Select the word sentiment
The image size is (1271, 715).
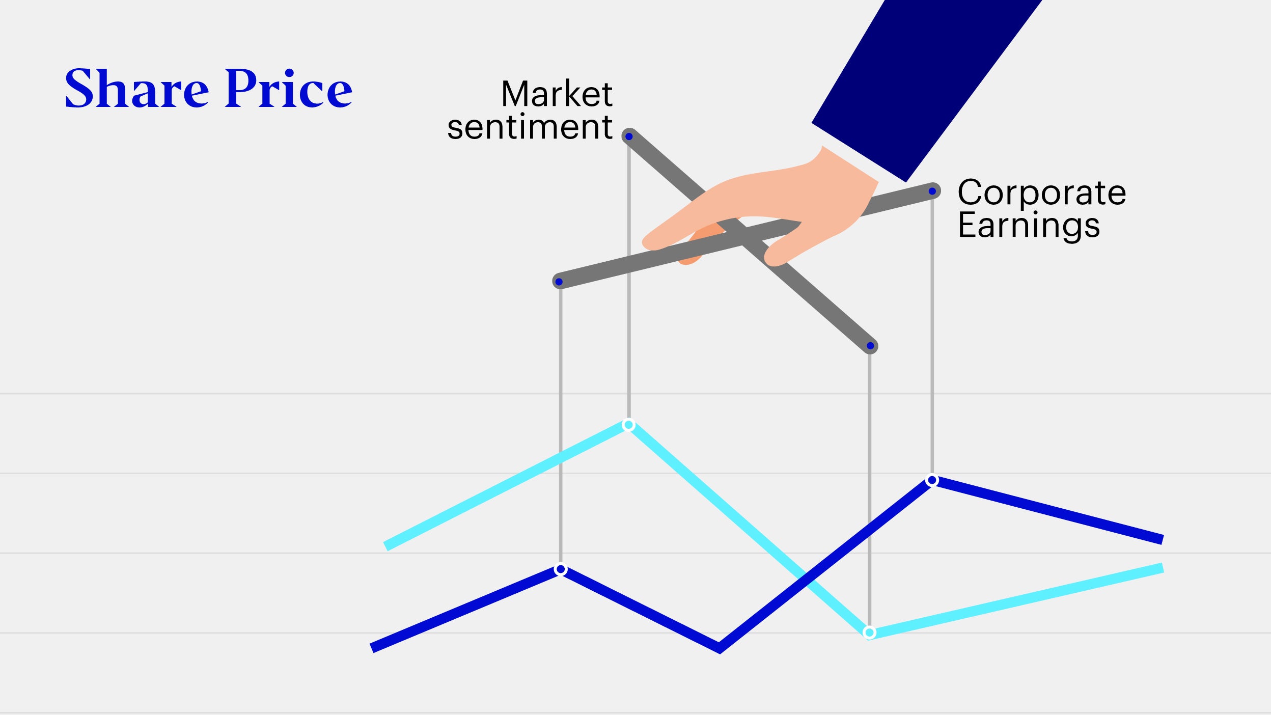[x=530, y=127]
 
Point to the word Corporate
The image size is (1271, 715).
[x=1042, y=193]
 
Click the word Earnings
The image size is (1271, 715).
[x=1029, y=226]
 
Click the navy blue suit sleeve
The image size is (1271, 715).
[x=927, y=87]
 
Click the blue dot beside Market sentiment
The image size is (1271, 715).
[x=629, y=136]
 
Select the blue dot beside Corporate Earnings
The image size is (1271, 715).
[x=932, y=191]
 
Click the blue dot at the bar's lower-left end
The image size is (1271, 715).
[x=559, y=282]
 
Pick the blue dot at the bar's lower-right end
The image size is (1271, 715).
[x=870, y=346]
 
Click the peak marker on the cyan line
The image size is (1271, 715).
[x=629, y=425]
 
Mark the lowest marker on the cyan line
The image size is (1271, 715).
[x=870, y=633]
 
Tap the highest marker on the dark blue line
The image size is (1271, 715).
[x=932, y=480]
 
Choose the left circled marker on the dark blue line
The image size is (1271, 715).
[x=561, y=569]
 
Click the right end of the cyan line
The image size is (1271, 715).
[x=1163, y=568]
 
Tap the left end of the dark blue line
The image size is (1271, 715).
[x=372, y=648]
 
